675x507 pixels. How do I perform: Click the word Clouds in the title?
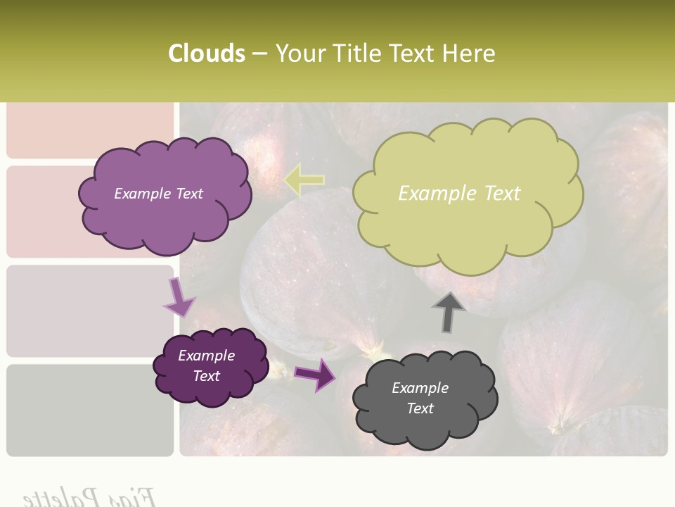click(207, 54)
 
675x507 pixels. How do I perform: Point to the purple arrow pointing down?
click(179, 298)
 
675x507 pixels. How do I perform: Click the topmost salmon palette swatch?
click(90, 130)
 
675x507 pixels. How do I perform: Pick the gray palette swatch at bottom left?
click(90, 410)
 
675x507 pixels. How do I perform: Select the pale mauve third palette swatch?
click(90, 311)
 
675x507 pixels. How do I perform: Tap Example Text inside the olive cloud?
click(459, 193)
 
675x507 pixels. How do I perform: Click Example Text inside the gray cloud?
click(420, 398)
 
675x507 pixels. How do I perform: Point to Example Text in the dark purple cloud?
click(206, 365)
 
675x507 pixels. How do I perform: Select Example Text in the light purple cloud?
click(158, 194)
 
